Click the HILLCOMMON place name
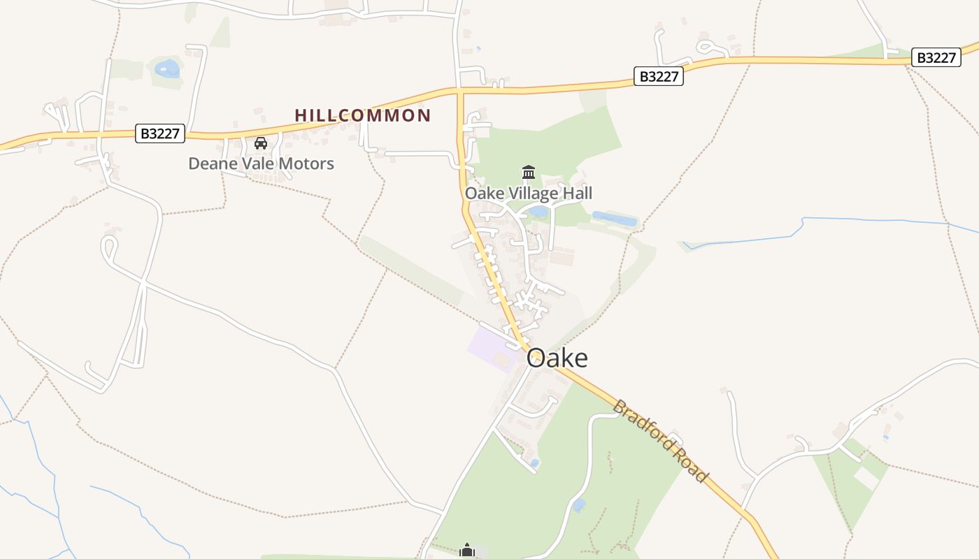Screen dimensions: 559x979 [x=362, y=115]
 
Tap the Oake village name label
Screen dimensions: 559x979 [x=557, y=358]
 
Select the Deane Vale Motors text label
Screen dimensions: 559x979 [x=261, y=164]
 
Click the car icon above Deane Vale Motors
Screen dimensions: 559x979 [x=261, y=143]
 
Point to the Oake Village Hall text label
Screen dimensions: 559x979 [x=528, y=193]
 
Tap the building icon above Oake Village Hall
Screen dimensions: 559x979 [x=529, y=172]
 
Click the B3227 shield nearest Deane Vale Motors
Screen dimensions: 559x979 [x=160, y=133]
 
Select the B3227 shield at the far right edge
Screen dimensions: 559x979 [x=936, y=58]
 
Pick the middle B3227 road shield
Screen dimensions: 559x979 [x=658, y=76]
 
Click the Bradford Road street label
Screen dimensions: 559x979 [x=660, y=440]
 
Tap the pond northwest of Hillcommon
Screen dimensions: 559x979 [x=167, y=68]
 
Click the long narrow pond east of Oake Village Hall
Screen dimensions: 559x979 [x=615, y=219]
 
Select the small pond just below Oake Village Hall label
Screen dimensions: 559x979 [x=538, y=211]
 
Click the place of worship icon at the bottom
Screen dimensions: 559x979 [x=467, y=551]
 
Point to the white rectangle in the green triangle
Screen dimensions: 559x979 [x=866, y=478]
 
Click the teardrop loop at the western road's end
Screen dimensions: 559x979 [x=108, y=246]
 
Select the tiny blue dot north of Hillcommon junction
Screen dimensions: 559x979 [x=478, y=48]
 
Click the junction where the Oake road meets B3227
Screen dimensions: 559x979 [x=460, y=91]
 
